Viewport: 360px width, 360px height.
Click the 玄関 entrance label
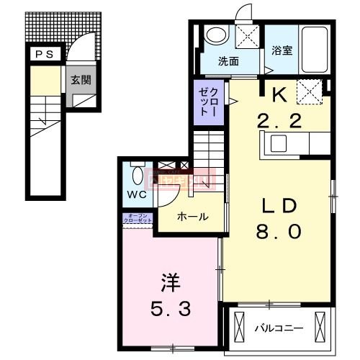(80, 80)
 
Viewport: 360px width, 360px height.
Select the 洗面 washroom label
(228, 62)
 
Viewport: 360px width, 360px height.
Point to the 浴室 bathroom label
(282, 50)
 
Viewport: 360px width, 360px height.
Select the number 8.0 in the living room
(278, 232)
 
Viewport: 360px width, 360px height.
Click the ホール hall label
(192, 217)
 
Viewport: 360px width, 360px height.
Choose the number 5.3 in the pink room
(171, 310)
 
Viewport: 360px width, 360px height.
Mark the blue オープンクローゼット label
(139, 218)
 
